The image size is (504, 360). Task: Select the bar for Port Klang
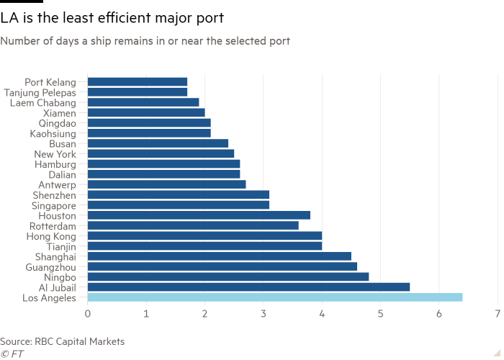[138, 81]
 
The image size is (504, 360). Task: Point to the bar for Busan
[158, 143]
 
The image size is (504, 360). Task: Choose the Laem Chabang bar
[143, 102]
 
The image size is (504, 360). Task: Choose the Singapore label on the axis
[54, 204]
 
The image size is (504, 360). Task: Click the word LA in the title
[9, 18]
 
